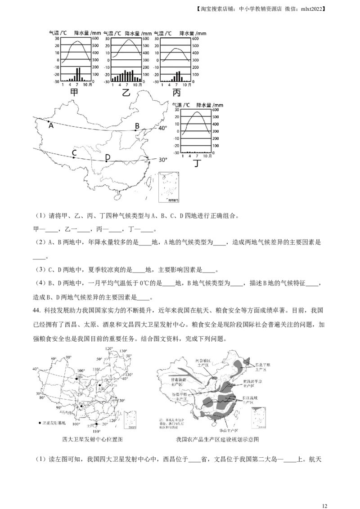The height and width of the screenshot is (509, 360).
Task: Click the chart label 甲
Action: point(74,93)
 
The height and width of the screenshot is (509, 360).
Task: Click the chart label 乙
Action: point(126,93)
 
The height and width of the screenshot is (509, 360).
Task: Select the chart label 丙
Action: point(176,93)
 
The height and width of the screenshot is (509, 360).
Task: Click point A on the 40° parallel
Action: point(49,121)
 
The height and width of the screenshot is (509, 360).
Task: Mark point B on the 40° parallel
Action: point(135,130)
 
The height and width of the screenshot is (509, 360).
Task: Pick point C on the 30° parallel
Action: point(73,157)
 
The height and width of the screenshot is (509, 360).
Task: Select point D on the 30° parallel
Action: point(106,161)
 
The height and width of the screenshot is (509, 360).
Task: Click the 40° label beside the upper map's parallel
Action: point(162,128)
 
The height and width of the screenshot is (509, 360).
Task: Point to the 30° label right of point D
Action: point(162,160)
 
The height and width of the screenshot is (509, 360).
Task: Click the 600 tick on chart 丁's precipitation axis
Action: point(216,110)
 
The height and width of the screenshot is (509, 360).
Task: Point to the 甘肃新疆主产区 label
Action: point(173,382)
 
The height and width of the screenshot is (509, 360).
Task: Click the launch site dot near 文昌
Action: point(96,424)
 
